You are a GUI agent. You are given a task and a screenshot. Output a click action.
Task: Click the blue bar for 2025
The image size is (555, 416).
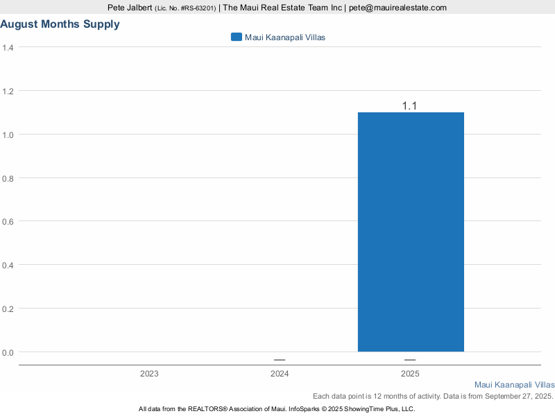[411, 232]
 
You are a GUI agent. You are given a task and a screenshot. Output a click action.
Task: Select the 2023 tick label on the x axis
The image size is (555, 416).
[148, 374]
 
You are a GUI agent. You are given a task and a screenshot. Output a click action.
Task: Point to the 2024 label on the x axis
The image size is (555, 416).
[280, 374]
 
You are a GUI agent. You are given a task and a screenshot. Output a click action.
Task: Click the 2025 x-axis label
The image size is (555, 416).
[410, 374]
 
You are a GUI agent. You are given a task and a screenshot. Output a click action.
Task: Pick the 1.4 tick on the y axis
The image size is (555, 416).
[8, 48]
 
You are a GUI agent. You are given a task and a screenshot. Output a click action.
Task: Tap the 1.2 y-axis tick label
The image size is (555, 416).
[8, 92]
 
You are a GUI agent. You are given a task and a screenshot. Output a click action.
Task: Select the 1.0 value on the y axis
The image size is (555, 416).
[8, 135]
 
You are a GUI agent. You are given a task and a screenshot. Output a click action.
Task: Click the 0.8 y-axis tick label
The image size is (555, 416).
[8, 178]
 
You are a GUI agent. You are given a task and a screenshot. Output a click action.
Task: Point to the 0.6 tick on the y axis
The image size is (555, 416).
[8, 222]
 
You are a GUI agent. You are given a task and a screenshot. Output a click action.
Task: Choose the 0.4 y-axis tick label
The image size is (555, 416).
[8, 266]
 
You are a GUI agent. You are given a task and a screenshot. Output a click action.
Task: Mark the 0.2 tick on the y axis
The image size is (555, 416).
[8, 309]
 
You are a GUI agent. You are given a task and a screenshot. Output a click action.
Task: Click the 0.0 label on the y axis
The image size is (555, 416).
[8, 353]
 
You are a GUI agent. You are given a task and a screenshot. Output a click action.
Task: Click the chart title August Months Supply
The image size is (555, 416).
[60, 24]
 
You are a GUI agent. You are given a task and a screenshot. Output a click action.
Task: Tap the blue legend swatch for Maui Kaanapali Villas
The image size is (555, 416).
[236, 37]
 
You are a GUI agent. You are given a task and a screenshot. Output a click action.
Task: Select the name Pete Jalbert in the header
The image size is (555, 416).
[130, 8]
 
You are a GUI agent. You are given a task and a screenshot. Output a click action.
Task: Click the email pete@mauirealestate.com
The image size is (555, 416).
[398, 8]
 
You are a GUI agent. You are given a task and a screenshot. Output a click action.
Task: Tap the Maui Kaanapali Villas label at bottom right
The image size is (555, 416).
[514, 384]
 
